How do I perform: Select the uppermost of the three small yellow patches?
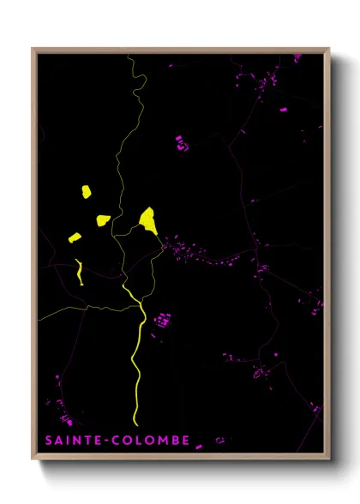[86, 192]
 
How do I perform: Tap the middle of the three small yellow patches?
[104, 220]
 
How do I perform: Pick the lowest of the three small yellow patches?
[75, 237]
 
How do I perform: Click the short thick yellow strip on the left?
[79, 272]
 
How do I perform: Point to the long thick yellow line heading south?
[137, 360]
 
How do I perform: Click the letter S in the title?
[48, 440]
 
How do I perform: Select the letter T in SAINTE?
[82, 440]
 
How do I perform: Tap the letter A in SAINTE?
[58, 440]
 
